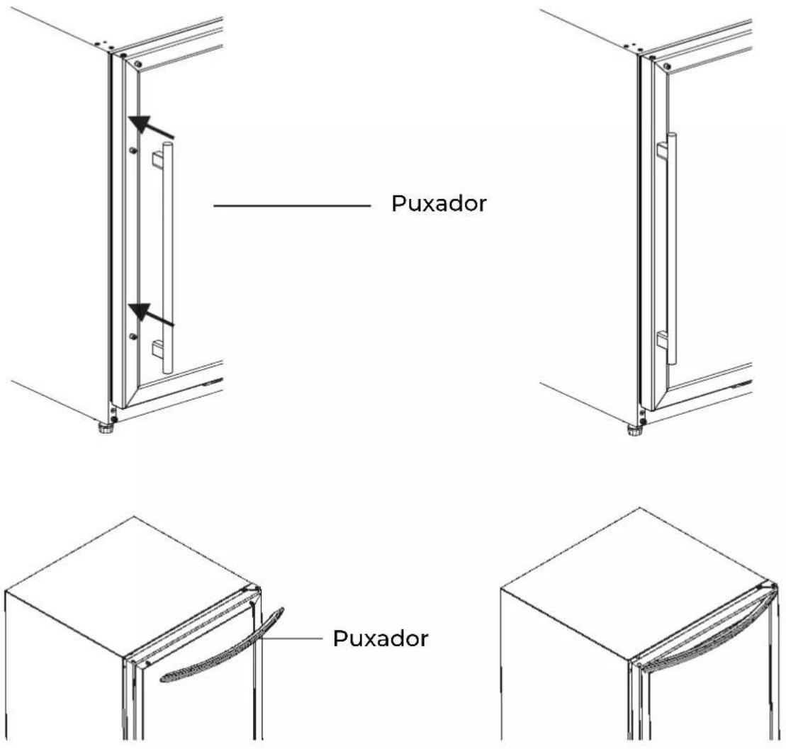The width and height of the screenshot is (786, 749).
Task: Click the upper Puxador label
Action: [x=439, y=203]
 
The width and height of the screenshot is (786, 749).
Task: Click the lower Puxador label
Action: [x=381, y=638]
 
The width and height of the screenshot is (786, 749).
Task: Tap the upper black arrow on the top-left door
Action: [x=151, y=126]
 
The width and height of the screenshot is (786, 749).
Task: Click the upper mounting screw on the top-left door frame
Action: [x=133, y=150]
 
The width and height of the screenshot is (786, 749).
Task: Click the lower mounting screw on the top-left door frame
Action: [x=133, y=336]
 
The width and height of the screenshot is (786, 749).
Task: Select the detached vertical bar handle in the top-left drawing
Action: [x=167, y=258]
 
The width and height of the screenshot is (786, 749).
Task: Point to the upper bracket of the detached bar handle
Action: [x=157, y=159]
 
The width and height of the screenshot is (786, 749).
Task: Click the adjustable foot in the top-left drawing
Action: [x=106, y=429]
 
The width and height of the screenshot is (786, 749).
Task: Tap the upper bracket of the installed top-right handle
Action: [x=662, y=150]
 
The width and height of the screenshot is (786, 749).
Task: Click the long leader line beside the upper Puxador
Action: [x=292, y=205]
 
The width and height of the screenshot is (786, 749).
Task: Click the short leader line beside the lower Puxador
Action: [x=291, y=638]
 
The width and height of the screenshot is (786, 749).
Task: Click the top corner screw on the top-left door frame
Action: [x=138, y=64]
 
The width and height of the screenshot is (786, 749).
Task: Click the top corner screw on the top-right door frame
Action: [x=667, y=66]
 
